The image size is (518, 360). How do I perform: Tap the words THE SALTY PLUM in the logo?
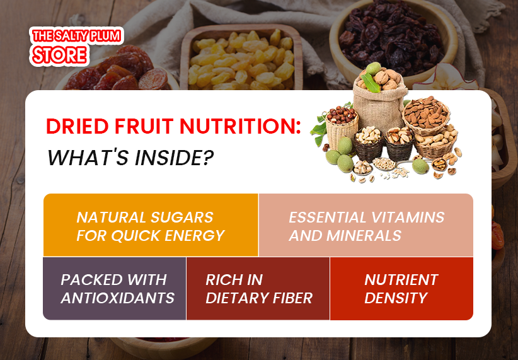76,37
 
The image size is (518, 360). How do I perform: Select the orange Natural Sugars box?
151,225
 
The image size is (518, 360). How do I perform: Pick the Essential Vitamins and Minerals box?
366,225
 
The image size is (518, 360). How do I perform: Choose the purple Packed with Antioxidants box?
115,288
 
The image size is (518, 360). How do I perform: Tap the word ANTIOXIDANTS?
117,298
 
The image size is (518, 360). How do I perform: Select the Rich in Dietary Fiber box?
258,288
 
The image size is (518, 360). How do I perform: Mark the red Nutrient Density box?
401,288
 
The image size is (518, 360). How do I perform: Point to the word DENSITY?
396,298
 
